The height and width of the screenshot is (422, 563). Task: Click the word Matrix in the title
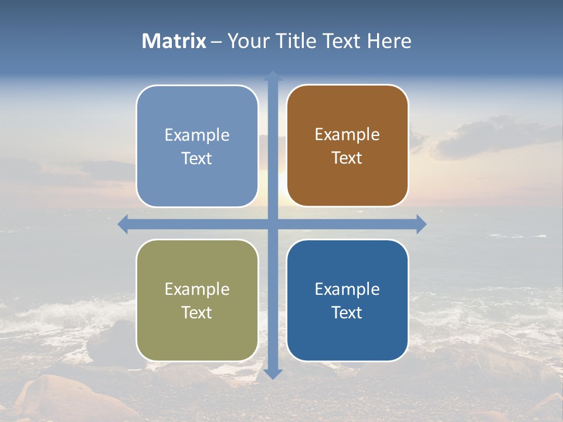[174, 41]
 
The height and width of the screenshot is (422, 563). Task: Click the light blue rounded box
[197, 146]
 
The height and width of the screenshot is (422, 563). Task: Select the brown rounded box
[347, 146]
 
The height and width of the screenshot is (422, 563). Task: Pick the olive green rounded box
[197, 300]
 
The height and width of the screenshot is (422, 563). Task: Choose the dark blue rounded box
[347, 300]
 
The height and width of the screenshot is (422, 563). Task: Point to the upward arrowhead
[273, 76]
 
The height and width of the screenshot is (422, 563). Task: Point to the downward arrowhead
[273, 373]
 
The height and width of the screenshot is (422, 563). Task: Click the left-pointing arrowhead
[123, 224]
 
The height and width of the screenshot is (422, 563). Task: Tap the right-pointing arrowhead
[421, 224]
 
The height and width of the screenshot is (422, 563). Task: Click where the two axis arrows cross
[273, 224]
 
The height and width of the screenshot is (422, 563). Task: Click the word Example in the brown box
[347, 134]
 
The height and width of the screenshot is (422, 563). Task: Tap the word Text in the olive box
[197, 312]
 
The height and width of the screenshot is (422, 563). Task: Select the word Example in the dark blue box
[347, 289]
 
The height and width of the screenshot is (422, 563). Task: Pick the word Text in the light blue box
[197, 158]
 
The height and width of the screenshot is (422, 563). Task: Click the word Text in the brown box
[347, 158]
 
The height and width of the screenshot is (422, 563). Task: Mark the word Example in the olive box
[197, 289]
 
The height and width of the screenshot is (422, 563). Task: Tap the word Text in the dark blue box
[347, 312]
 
